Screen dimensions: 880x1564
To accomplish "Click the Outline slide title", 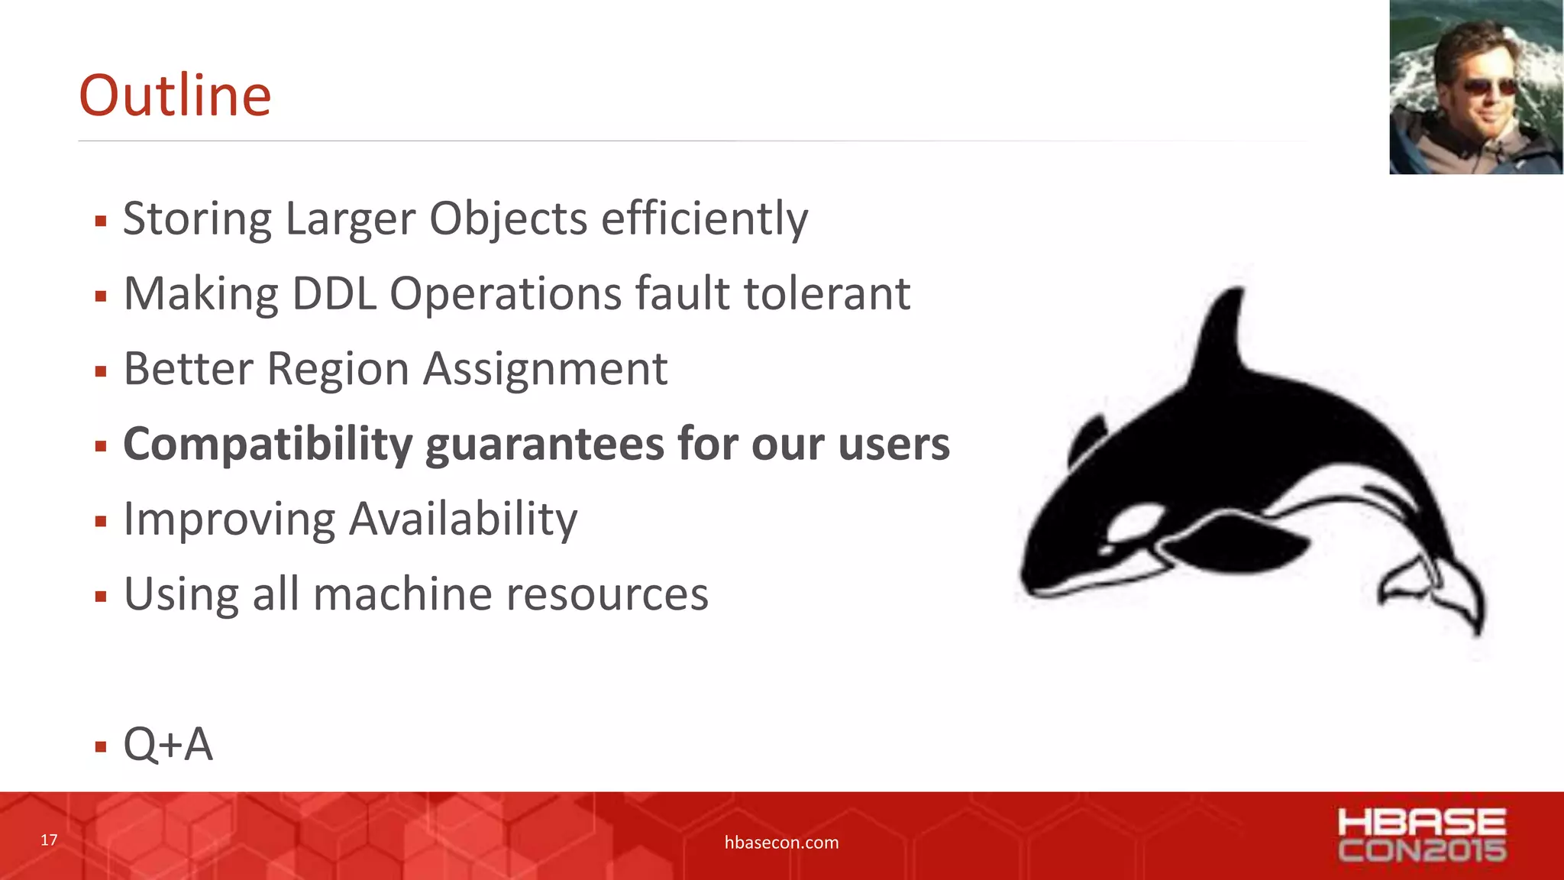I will click(175, 95).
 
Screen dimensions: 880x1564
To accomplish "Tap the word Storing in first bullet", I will click(197, 219).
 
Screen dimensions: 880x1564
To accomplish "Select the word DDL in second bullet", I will click(334, 294).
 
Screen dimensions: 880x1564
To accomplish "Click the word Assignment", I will click(545, 370).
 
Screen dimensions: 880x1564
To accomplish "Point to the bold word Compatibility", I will click(267, 445).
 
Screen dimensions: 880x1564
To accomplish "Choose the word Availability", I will click(464, 519).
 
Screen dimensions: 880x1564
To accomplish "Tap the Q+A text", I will click(168, 744).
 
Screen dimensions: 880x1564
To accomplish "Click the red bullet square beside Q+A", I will click(101, 746).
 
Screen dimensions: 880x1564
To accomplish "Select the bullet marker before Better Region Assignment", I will click(101, 372).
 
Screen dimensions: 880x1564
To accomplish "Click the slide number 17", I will click(49, 840).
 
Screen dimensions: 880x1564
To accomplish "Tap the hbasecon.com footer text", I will click(781, 843).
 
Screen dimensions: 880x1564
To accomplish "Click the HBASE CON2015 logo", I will click(1421, 835).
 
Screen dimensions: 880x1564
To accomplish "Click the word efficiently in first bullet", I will click(704, 219).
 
